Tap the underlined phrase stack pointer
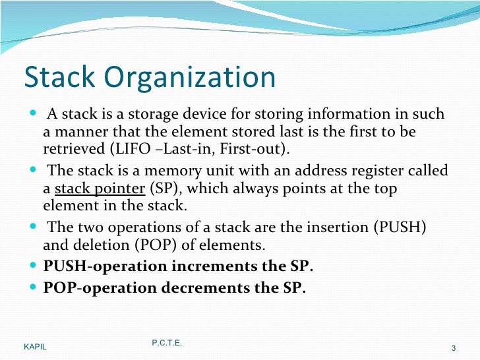coord(100,189)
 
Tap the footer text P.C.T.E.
coord(167,344)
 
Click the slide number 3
coord(454,348)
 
